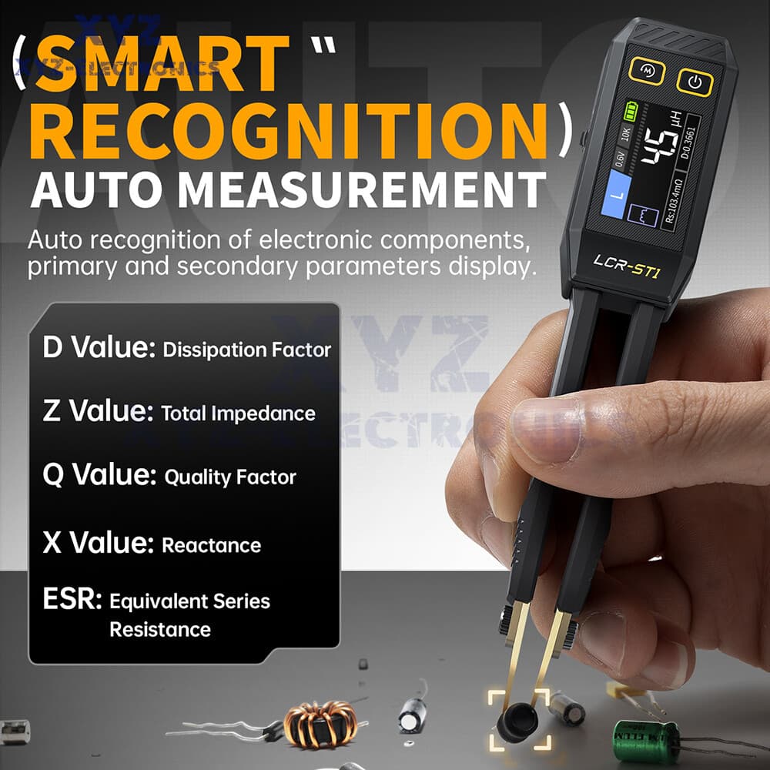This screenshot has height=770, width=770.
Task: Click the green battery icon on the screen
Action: click(631, 112)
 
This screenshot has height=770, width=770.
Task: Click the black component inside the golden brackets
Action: click(517, 725)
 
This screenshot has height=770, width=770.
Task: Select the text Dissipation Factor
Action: click(247, 350)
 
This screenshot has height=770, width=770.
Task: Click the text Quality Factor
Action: click(230, 477)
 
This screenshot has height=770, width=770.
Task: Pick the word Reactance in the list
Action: click(211, 546)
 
